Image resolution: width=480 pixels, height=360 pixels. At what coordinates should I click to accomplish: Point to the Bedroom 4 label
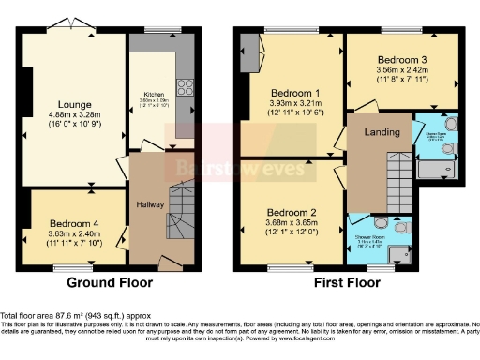[x=75, y=222]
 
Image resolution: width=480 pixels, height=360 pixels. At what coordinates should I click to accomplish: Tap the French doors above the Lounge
[x=73, y=23]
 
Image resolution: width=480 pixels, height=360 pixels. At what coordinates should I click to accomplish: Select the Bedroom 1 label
[x=296, y=94]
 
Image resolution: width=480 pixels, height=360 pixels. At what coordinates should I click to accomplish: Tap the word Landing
[x=379, y=132]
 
